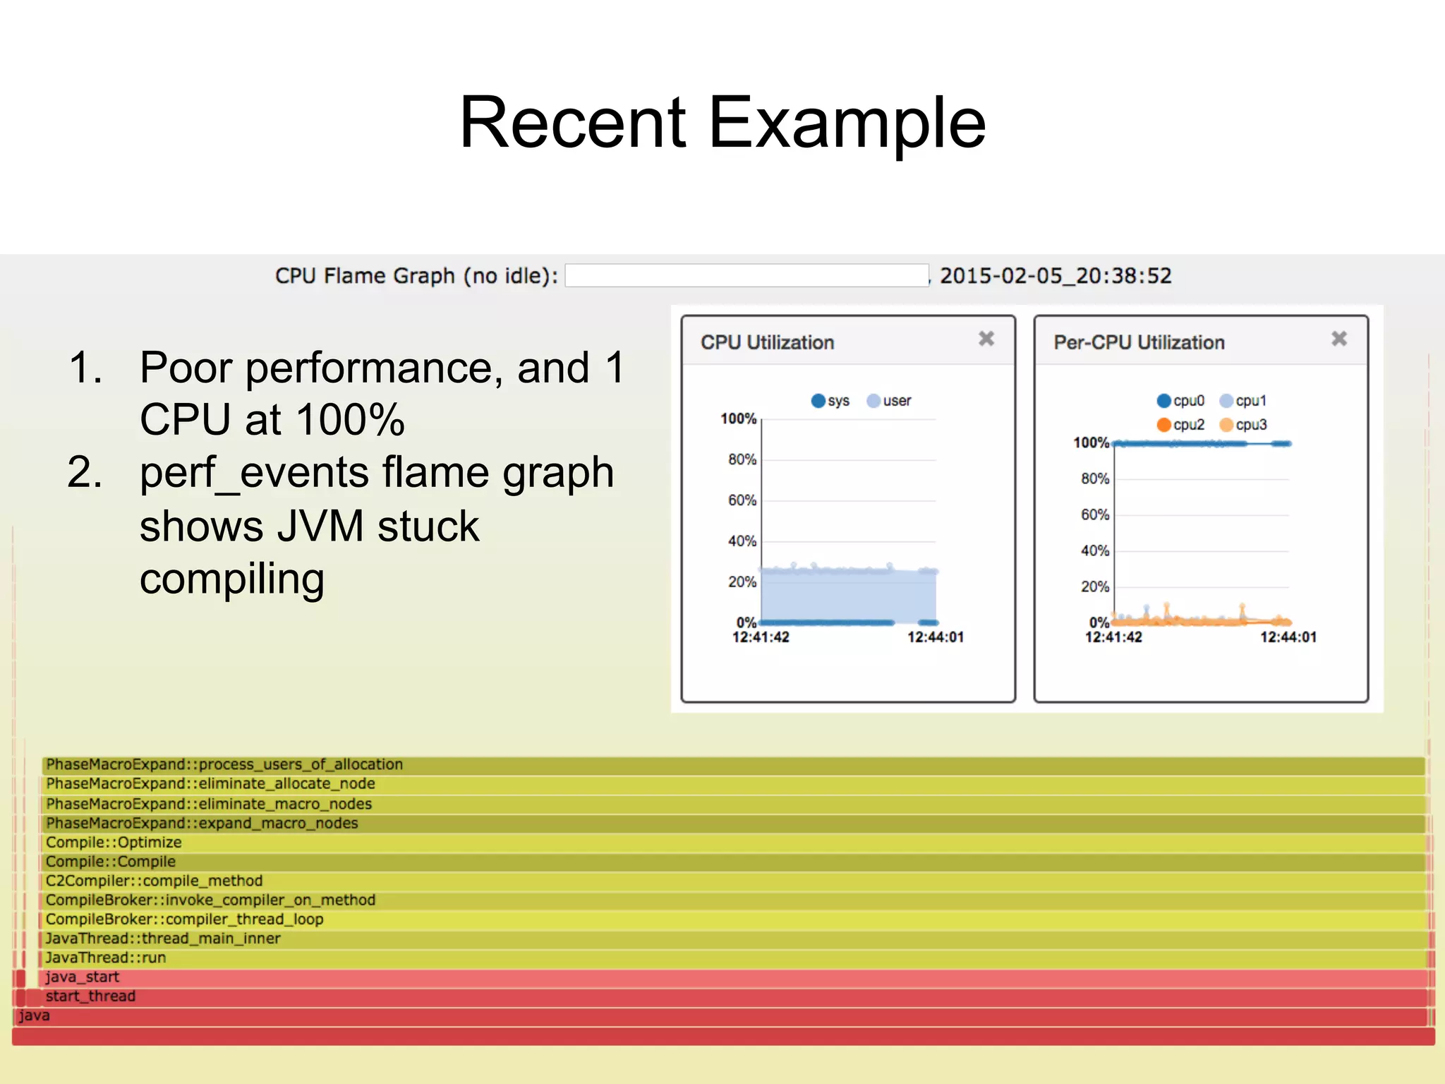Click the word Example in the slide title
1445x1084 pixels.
coord(847,124)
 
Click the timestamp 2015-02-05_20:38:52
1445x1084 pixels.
coord(1056,276)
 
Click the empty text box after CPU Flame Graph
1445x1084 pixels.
coord(746,275)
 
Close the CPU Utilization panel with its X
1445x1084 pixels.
coord(986,339)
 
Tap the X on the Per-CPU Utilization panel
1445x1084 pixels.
coord(1339,339)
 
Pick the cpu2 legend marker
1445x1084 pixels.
coord(1164,425)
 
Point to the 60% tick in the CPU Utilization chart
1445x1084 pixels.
coord(742,500)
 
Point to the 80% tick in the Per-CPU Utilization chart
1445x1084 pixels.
coord(1095,478)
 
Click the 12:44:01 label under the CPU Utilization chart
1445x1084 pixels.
coord(936,637)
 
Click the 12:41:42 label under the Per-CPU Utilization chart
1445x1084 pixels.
coord(1113,637)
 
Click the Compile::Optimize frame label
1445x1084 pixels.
coord(114,842)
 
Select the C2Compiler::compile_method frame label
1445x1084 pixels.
coord(154,881)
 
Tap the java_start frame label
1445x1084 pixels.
coord(83,977)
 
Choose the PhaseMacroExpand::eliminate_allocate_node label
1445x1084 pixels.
coord(210,783)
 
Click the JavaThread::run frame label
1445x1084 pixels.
coord(106,958)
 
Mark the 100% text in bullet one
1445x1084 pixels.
coord(351,420)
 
